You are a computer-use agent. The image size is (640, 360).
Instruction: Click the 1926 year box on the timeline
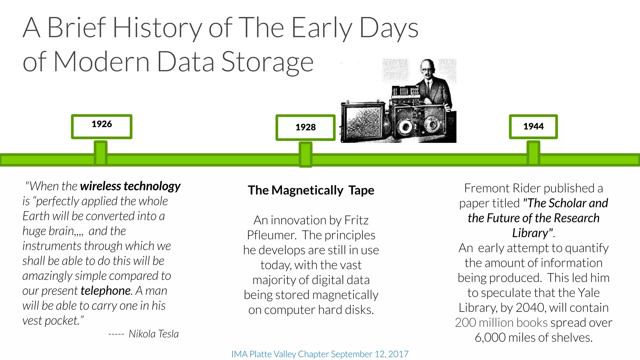(102, 126)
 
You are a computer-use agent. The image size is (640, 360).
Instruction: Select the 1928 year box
(305, 127)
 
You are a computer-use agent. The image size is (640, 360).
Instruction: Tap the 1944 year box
(533, 127)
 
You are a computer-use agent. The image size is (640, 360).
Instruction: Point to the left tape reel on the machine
(406, 127)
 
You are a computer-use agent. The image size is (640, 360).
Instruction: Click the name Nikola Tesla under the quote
(153, 334)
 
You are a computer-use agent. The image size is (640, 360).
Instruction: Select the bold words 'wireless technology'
(130, 186)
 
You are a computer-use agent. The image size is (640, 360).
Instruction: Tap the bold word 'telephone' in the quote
(106, 291)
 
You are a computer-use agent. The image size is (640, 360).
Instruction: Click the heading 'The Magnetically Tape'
(311, 190)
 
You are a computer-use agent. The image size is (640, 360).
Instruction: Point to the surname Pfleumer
(272, 235)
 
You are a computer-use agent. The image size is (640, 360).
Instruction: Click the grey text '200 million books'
(501, 323)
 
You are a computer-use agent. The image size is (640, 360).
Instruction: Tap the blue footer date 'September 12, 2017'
(369, 354)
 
